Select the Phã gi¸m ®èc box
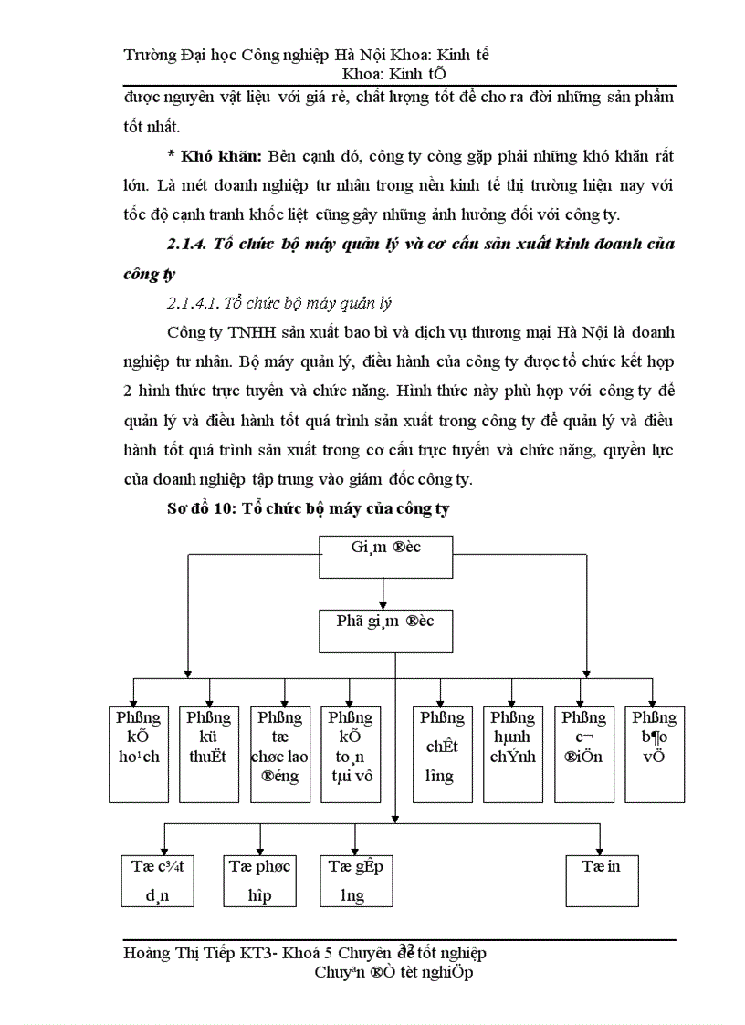385,631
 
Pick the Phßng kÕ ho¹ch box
138,753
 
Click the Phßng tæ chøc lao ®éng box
279,753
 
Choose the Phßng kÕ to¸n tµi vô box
351,753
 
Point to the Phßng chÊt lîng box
441,753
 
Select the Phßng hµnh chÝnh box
512,753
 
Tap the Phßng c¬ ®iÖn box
582,753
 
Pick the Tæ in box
601,880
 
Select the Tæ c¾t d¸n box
157,880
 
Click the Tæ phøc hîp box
260,880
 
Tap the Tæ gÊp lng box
355,880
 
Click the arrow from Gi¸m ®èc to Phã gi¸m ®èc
384,595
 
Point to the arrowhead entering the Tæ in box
600,849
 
